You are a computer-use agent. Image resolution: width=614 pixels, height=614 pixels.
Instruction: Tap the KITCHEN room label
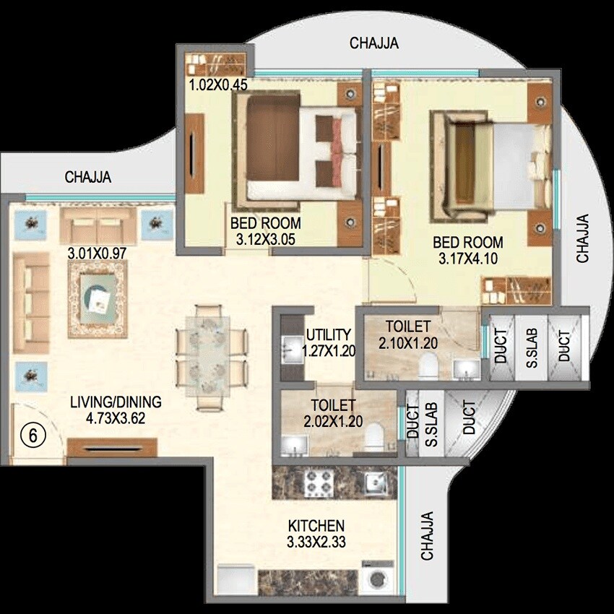[x=316, y=526]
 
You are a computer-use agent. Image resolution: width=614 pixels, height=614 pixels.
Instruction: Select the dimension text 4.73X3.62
[x=116, y=418]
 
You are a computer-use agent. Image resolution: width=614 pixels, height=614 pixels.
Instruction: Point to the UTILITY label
[x=328, y=335]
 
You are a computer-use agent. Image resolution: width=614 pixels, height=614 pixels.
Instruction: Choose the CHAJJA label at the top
[x=374, y=43]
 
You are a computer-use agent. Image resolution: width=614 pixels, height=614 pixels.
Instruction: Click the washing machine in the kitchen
[x=377, y=580]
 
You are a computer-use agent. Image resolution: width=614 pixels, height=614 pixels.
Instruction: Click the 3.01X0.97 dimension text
[x=96, y=254]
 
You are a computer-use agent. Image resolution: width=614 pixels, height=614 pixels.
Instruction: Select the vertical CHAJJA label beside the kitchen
[x=428, y=536]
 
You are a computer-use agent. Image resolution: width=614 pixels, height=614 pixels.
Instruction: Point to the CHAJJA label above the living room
[x=89, y=178]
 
